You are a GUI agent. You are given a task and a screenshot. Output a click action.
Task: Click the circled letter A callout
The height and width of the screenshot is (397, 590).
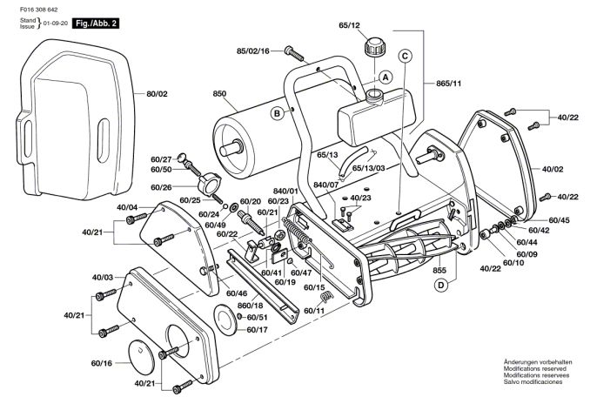(x=386, y=77)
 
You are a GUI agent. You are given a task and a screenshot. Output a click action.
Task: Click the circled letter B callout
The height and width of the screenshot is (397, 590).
(x=278, y=113)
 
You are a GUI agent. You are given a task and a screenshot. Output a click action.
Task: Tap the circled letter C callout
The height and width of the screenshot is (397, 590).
(x=405, y=56)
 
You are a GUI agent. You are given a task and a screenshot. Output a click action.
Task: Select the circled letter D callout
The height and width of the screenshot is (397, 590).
(x=440, y=286)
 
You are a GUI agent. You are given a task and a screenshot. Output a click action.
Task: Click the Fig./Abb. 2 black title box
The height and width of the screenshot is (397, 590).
(x=96, y=24)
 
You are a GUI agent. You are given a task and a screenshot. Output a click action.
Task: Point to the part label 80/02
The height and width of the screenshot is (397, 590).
(x=157, y=94)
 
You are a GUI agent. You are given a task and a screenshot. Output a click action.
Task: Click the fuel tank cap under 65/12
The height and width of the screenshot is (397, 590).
(x=373, y=47)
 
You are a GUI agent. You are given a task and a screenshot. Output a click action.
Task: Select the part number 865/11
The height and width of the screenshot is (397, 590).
(x=448, y=84)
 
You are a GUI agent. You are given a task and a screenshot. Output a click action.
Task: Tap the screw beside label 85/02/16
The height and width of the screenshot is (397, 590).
(x=294, y=53)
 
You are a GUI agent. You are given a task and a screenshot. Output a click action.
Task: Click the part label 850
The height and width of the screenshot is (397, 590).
(x=219, y=93)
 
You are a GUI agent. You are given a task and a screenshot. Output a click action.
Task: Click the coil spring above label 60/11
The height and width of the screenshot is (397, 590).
(x=326, y=296)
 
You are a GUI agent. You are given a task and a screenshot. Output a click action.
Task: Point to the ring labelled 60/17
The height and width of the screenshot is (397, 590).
(x=225, y=320)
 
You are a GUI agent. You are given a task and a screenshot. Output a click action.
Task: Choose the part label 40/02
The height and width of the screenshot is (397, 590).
(x=553, y=170)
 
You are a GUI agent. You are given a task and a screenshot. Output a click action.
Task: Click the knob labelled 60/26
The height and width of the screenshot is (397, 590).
(x=206, y=184)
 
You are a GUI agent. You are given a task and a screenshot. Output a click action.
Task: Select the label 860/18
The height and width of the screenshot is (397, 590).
(x=251, y=306)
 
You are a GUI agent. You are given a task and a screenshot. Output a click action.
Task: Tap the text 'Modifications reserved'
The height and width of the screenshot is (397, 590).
(x=534, y=369)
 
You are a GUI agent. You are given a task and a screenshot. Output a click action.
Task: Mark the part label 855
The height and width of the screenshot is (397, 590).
(x=439, y=270)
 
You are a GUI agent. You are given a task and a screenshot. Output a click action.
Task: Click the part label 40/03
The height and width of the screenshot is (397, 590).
(x=103, y=278)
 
